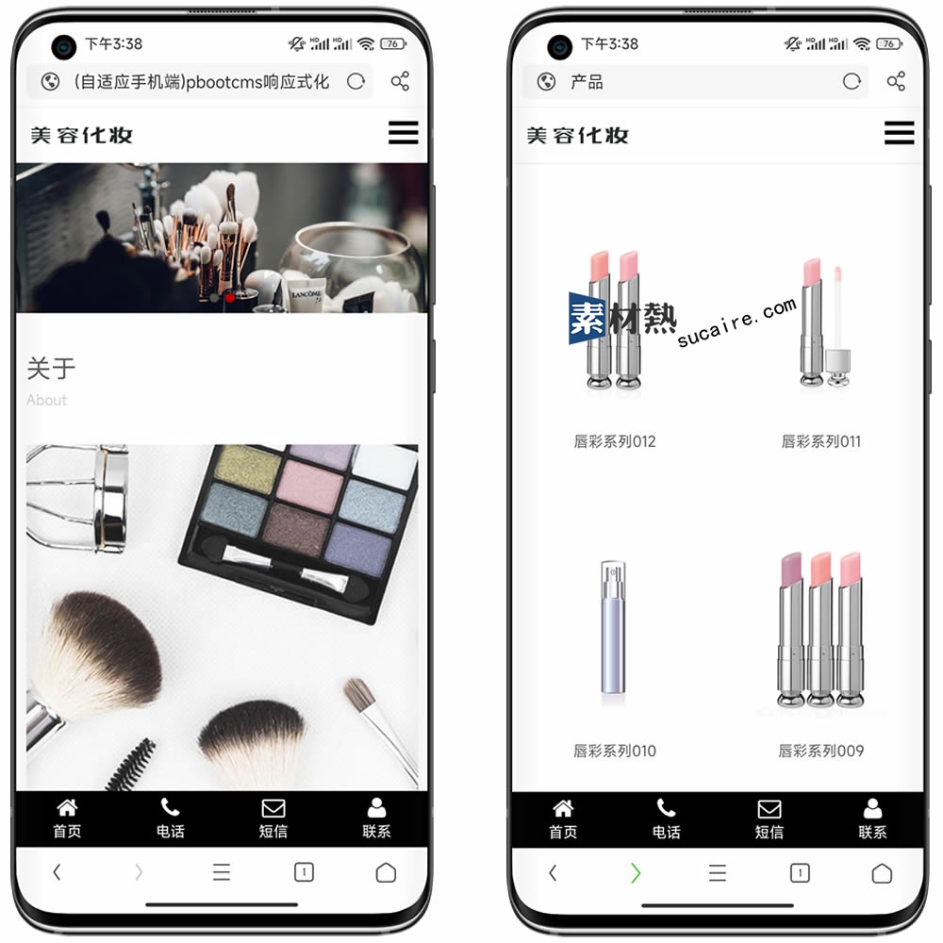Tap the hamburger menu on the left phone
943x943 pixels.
[x=403, y=132]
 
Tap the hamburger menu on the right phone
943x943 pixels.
[x=899, y=132]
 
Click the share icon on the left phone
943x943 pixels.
[x=400, y=81]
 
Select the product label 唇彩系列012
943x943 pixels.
[x=615, y=441]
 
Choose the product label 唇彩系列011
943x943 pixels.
[x=821, y=441]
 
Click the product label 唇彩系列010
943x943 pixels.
[x=615, y=751]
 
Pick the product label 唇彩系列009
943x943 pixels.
[x=821, y=751]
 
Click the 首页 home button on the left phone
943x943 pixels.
[x=67, y=819]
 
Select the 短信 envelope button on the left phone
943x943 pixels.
[x=273, y=819]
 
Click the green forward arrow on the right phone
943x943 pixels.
[x=636, y=872]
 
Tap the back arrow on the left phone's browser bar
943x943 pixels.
[x=58, y=872]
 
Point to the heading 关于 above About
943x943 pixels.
[x=51, y=368]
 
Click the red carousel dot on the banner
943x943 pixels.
[x=230, y=298]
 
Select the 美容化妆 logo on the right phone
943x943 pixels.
[x=577, y=135]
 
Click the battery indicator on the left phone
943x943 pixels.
[x=393, y=43]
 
